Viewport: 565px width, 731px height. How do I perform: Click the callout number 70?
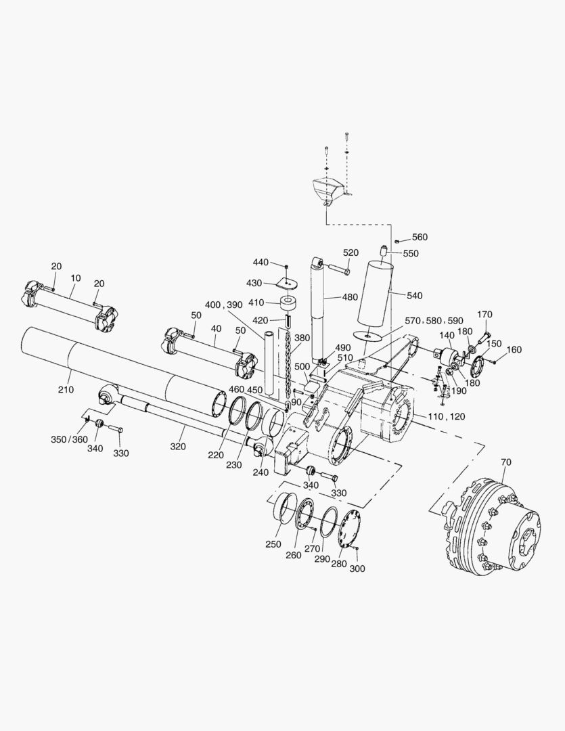pyautogui.click(x=507, y=462)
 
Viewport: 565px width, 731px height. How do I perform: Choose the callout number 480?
pyautogui.click(x=351, y=296)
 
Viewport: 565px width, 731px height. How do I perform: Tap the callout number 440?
pyautogui.click(x=261, y=262)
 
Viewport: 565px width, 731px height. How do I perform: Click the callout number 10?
pyautogui.click(x=75, y=278)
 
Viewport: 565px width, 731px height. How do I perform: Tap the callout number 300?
pyautogui.click(x=357, y=569)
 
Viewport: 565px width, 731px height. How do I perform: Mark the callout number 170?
pyautogui.click(x=485, y=314)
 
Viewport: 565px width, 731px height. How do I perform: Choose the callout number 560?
pyautogui.click(x=420, y=238)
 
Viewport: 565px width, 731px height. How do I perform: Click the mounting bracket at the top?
pyautogui.click(x=328, y=190)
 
